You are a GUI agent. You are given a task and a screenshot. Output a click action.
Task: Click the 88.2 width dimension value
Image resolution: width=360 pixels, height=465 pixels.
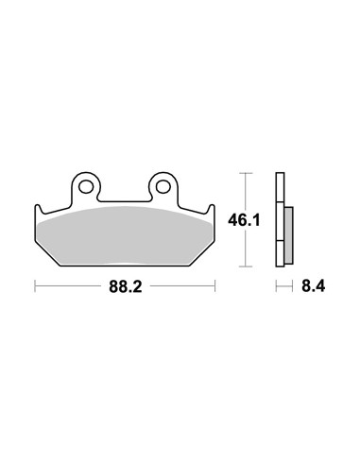tap(126, 286)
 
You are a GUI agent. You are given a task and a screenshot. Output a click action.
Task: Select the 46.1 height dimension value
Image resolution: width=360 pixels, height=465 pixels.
tap(244, 220)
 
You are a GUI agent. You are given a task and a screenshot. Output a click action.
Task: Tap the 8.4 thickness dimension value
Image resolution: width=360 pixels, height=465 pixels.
tap(313, 286)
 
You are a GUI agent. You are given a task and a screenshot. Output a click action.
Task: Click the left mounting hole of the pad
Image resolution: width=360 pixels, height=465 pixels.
tap(85, 187)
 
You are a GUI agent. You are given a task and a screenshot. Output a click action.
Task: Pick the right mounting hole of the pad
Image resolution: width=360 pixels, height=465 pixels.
tap(163, 187)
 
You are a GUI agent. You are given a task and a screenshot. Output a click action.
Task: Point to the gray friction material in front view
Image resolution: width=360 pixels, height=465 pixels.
tap(125, 234)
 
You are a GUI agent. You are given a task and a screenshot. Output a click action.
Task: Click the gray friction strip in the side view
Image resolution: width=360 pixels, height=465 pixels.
tap(288, 235)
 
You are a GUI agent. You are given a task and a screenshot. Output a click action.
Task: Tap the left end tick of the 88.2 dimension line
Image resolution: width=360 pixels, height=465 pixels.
tap(35, 285)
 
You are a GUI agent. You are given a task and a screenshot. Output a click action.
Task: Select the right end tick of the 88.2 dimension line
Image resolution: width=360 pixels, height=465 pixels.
tap(215, 285)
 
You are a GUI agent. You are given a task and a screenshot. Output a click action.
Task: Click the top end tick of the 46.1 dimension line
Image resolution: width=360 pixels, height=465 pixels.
tap(246, 173)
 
